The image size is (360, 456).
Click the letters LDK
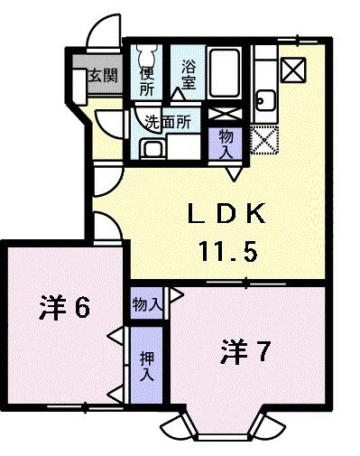point(226,215)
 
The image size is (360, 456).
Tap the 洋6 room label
point(64,309)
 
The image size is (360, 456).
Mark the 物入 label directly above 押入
point(146,303)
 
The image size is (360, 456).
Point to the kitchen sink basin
point(265,99)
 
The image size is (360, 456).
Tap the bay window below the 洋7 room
point(217,428)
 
